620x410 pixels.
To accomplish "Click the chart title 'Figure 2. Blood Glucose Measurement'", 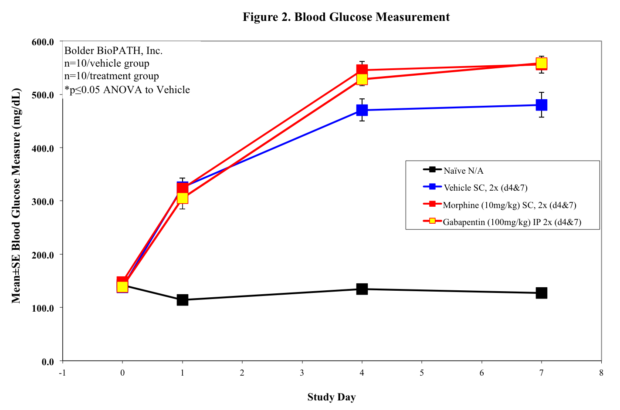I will click(346, 17).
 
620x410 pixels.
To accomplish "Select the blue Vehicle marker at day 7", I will click(542, 105).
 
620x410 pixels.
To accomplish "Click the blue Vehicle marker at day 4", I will click(362, 110).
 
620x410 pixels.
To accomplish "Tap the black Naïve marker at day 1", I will click(183, 300).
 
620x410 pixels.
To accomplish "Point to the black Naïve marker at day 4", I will click(362, 289).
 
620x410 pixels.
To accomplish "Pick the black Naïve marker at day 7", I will click(542, 293).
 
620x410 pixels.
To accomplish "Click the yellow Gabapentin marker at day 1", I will click(183, 198).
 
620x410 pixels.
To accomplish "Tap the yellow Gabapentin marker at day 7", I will click(542, 64).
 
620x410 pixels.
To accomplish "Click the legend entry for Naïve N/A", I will click(463, 171).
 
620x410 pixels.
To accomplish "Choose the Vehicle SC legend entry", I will click(485, 188).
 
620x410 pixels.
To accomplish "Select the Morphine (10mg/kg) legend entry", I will click(509, 205).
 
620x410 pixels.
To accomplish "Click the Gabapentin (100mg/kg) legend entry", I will click(512, 222).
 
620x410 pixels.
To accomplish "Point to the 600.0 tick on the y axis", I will click(43, 42).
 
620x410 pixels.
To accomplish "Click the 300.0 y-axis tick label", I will click(43, 202).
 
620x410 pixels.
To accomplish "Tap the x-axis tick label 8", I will click(601, 373).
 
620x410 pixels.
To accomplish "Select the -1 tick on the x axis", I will click(63, 373).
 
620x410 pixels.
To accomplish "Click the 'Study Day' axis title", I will click(332, 397).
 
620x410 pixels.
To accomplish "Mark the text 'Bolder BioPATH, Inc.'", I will click(113, 51).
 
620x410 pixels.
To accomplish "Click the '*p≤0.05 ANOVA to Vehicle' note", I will click(127, 90).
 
